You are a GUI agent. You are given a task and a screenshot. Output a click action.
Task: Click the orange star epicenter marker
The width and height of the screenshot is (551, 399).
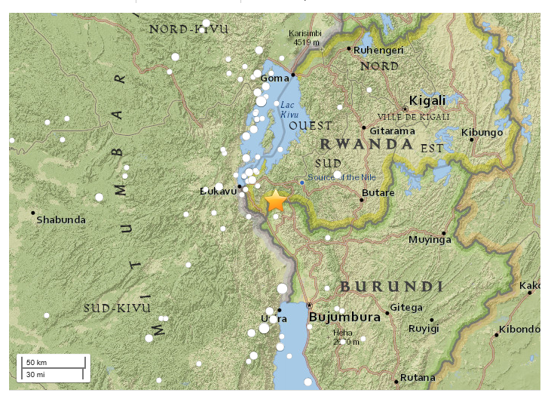click(x=276, y=201)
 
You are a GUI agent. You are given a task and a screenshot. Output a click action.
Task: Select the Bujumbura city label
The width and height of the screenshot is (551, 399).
click(x=344, y=318)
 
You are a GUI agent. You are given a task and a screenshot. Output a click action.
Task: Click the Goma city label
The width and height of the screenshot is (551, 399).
click(x=274, y=78)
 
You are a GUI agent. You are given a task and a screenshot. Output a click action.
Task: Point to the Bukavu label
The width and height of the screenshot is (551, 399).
click(x=218, y=192)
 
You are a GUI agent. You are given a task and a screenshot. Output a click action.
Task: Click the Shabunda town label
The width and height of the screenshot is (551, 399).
click(x=61, y=220)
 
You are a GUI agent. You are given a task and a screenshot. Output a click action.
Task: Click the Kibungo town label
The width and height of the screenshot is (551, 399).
click(x=482, y=133)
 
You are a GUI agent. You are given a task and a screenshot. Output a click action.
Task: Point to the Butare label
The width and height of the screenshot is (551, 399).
click(x=378, y=194)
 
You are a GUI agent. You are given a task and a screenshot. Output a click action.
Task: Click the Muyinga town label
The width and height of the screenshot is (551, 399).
click(x=429, y=240)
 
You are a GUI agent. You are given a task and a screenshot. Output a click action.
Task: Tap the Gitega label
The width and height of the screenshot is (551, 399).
click(x=406, y=308)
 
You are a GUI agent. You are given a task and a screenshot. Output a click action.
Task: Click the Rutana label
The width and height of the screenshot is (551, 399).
click(x=418, y=377)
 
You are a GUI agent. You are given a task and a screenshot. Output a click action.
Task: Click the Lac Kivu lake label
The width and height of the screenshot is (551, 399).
click(x=289, y=109)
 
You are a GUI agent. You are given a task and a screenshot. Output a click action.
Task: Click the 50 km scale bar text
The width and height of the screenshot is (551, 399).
click(x=35, y=362)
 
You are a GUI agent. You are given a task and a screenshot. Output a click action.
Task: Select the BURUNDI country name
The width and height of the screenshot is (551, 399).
click(x=390, y=287)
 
